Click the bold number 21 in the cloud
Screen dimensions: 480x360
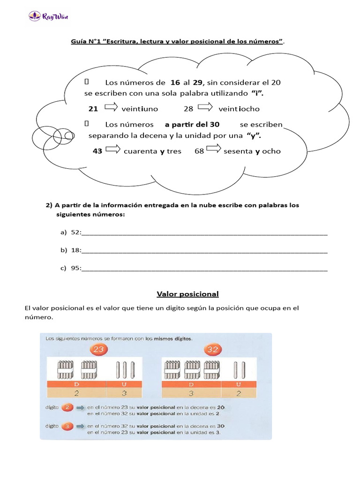93,109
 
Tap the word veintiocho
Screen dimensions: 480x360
239,109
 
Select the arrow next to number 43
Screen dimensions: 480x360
112,150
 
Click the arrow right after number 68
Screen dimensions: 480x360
213,150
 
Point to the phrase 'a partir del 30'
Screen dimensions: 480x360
192,125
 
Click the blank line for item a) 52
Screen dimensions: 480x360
204,233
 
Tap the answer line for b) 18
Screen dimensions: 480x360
204,251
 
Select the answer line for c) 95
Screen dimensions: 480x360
204,270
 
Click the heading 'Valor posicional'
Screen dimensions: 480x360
187,294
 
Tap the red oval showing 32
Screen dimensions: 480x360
212,350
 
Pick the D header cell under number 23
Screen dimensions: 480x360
77,384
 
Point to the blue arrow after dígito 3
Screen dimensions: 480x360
80,426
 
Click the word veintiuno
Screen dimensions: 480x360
140,109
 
